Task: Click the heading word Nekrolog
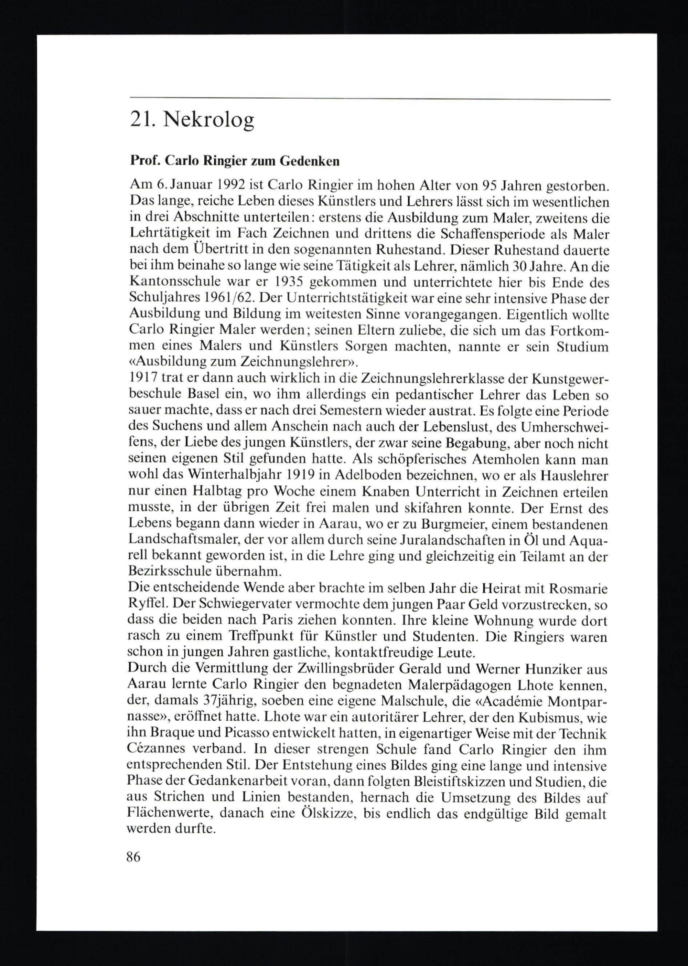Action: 208,121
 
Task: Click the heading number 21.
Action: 141,121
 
